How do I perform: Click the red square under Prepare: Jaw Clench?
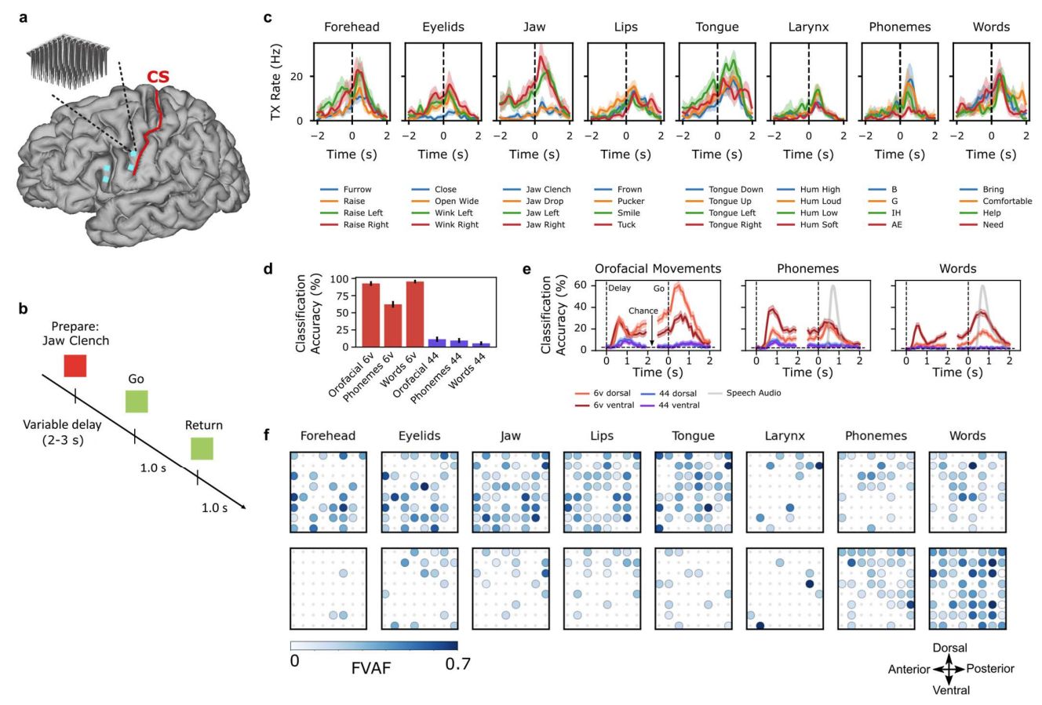click(75, 366)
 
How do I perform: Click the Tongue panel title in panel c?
click(716, 27)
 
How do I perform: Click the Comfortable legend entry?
click(1007, 202)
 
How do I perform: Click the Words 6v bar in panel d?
click(414, 314)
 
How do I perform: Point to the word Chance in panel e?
click(643, 311)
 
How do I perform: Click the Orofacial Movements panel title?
click(658, 269)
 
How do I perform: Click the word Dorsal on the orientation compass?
click(950, 648)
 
